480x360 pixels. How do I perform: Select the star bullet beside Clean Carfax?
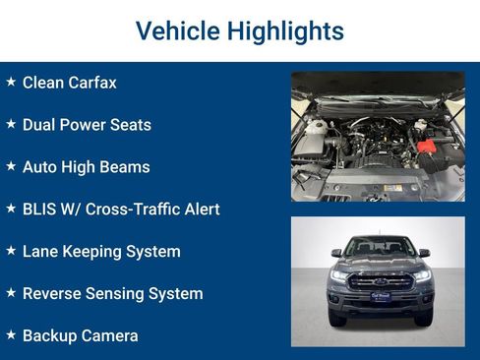click(x=11, y=82)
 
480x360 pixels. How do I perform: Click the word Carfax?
click(x=92, y=83)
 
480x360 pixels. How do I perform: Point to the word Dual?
click(x=40, y=125)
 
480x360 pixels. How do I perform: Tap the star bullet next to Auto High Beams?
click(x=11, y=166)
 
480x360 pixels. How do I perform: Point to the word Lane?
click(x=41, y=251)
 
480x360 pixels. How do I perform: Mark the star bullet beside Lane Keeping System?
click(x=11, y=250)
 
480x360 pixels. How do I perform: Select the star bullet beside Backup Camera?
click(x=11, y=334)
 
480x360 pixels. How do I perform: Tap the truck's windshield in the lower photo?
click(x=379, y=247)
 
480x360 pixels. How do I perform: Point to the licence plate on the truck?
click(x=379, y=295)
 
